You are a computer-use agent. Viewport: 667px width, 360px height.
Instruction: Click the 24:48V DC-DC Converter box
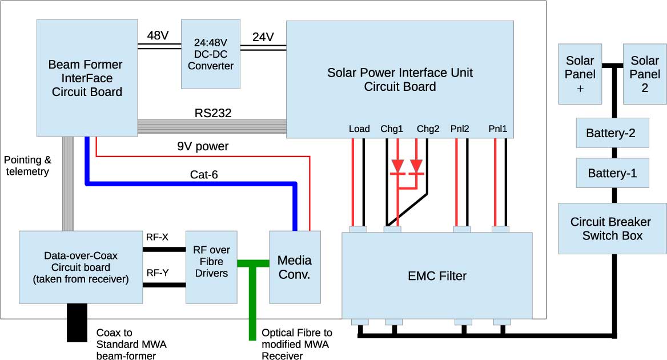tap(211, 54)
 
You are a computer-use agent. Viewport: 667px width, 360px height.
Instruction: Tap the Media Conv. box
tap(294, 267)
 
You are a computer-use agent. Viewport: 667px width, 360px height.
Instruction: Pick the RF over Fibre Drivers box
tap(211, 267)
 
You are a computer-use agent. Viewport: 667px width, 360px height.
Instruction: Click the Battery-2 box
tap(612, 134)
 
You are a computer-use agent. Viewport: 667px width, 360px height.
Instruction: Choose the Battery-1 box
tap(612, 173)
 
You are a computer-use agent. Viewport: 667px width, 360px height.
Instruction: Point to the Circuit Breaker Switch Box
tap(612, 229)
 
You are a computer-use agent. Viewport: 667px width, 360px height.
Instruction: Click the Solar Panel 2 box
tap(644, 74)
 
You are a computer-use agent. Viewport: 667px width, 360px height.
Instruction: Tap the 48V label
tap(157, 36)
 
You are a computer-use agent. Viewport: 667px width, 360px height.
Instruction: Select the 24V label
tap(263, 37)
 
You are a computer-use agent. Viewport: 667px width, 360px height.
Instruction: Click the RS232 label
tap(213, 113)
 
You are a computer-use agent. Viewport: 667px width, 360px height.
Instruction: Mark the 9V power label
tap(202, 146)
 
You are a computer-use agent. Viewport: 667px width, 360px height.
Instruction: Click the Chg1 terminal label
tap(392, 129)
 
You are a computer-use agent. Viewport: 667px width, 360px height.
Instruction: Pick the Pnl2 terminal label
tap(459, 129)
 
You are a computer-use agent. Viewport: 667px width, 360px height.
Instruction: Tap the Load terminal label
tap(359, 129)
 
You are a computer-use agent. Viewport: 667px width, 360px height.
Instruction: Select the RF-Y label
tap(158, 273)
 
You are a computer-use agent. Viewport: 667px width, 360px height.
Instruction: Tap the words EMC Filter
tap(437, 277)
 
